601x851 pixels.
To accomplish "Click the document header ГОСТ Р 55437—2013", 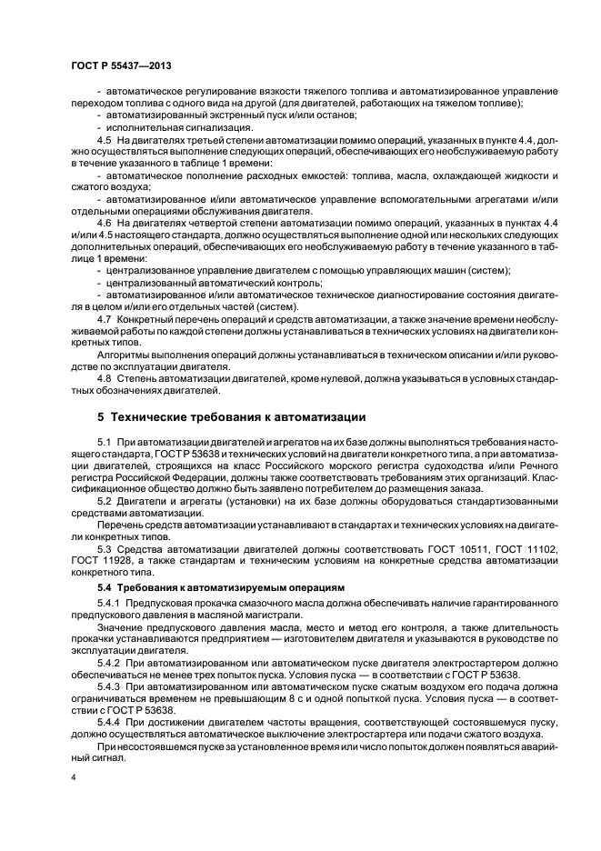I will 121,66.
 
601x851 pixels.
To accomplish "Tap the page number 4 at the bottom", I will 73,777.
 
